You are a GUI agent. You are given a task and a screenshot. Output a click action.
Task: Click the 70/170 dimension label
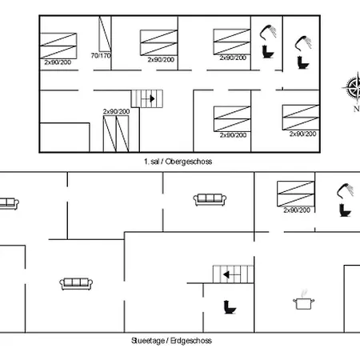point(101,56)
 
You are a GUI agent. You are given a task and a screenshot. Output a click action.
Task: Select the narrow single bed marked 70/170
point(105,34)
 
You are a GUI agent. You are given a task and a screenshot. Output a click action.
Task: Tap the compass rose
point(353,87)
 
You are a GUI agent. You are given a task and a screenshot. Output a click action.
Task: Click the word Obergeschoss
point(189,162)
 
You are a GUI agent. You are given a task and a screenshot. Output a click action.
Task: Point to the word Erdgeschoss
point(191,341)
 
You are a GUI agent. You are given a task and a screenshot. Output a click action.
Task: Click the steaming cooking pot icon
point(303,300)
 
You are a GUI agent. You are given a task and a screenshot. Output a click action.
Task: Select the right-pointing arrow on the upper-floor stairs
point(148,98)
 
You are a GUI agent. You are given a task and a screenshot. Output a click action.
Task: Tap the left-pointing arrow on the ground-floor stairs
point(232,274)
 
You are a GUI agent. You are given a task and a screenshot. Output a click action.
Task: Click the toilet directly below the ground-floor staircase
point(230,307)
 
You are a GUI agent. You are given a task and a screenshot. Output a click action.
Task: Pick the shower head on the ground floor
point(345,190)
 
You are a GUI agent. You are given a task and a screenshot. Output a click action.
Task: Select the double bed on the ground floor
point(296,194)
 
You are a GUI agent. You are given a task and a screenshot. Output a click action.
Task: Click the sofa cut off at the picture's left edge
point(9,204)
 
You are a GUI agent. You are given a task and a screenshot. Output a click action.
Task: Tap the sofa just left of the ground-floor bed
point(210,200)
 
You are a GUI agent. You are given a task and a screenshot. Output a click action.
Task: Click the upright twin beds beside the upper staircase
point(116,134)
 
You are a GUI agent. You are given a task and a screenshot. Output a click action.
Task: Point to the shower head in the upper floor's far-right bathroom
point(303,43)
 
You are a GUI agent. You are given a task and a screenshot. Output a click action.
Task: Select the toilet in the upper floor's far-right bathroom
point(303,62)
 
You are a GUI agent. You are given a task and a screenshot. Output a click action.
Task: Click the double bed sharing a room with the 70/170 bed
point(58,46)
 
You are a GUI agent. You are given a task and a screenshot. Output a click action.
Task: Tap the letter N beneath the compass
point(357,109)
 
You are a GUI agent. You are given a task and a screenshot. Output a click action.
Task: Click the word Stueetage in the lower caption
point(148,341)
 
